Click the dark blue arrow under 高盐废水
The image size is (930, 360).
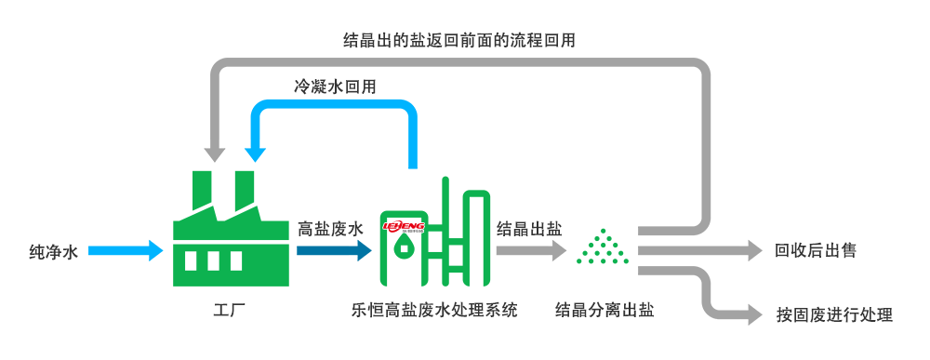point(335,251)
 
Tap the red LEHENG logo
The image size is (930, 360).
point(404,226)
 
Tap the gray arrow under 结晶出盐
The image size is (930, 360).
point(531,251)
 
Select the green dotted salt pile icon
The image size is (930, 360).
point(602,247)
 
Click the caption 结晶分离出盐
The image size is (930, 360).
point(604,310)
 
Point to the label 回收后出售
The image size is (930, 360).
point(816,251)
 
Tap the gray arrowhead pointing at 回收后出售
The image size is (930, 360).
point(752,251)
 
